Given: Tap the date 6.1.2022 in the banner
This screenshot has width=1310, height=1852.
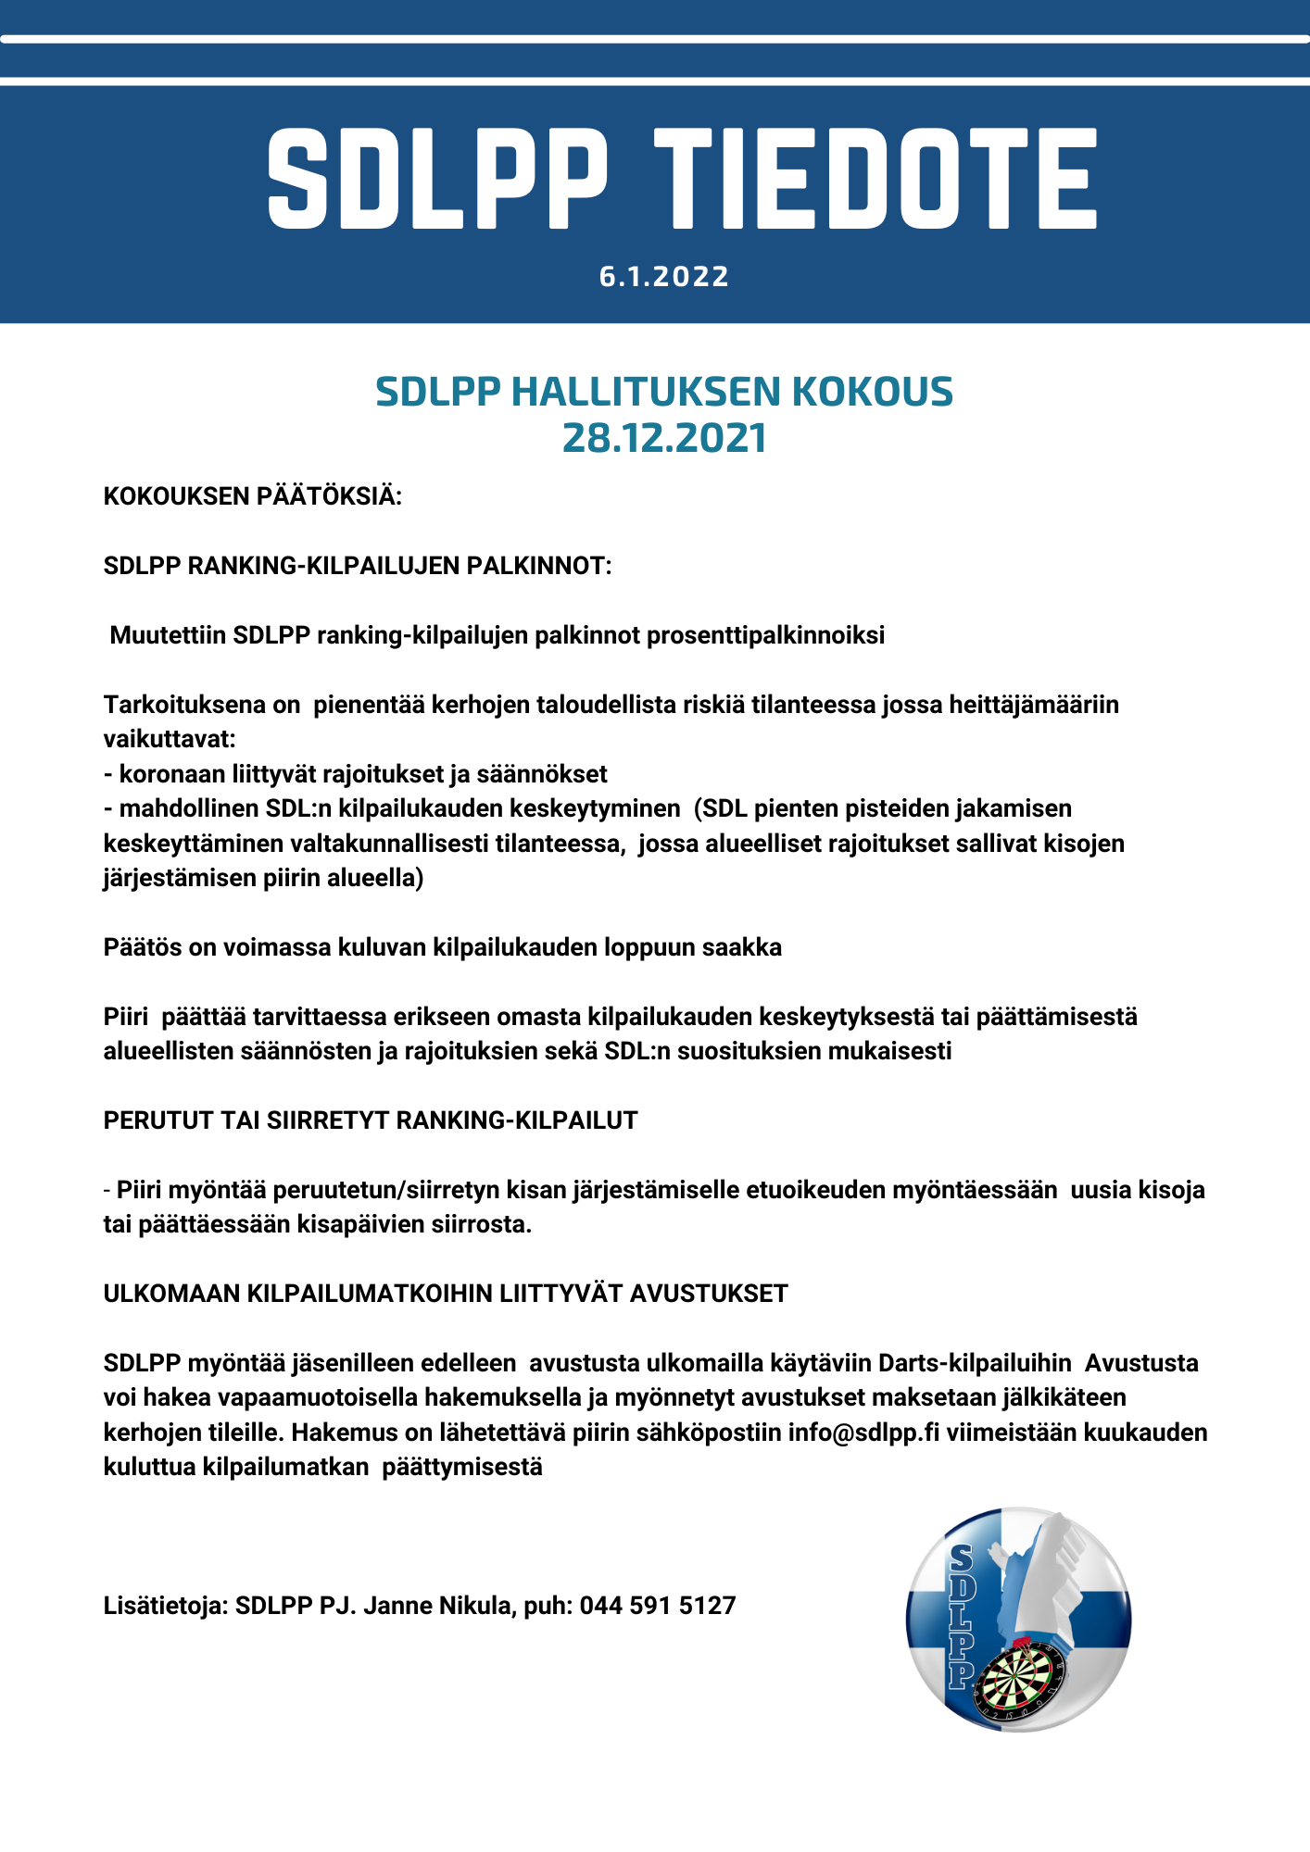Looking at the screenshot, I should point(664,276).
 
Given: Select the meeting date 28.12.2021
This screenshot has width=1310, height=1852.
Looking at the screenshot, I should point(664,438).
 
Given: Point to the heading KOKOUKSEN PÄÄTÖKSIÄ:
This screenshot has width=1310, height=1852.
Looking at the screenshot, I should point(252,496).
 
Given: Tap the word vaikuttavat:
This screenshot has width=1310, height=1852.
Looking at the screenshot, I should point(170,739).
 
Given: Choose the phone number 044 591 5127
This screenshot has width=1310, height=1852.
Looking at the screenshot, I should point(658,1606).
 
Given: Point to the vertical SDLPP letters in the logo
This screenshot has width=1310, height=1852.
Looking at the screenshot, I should point(961,1616).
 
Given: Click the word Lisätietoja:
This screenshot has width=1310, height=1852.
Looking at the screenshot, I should point(166,1606).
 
